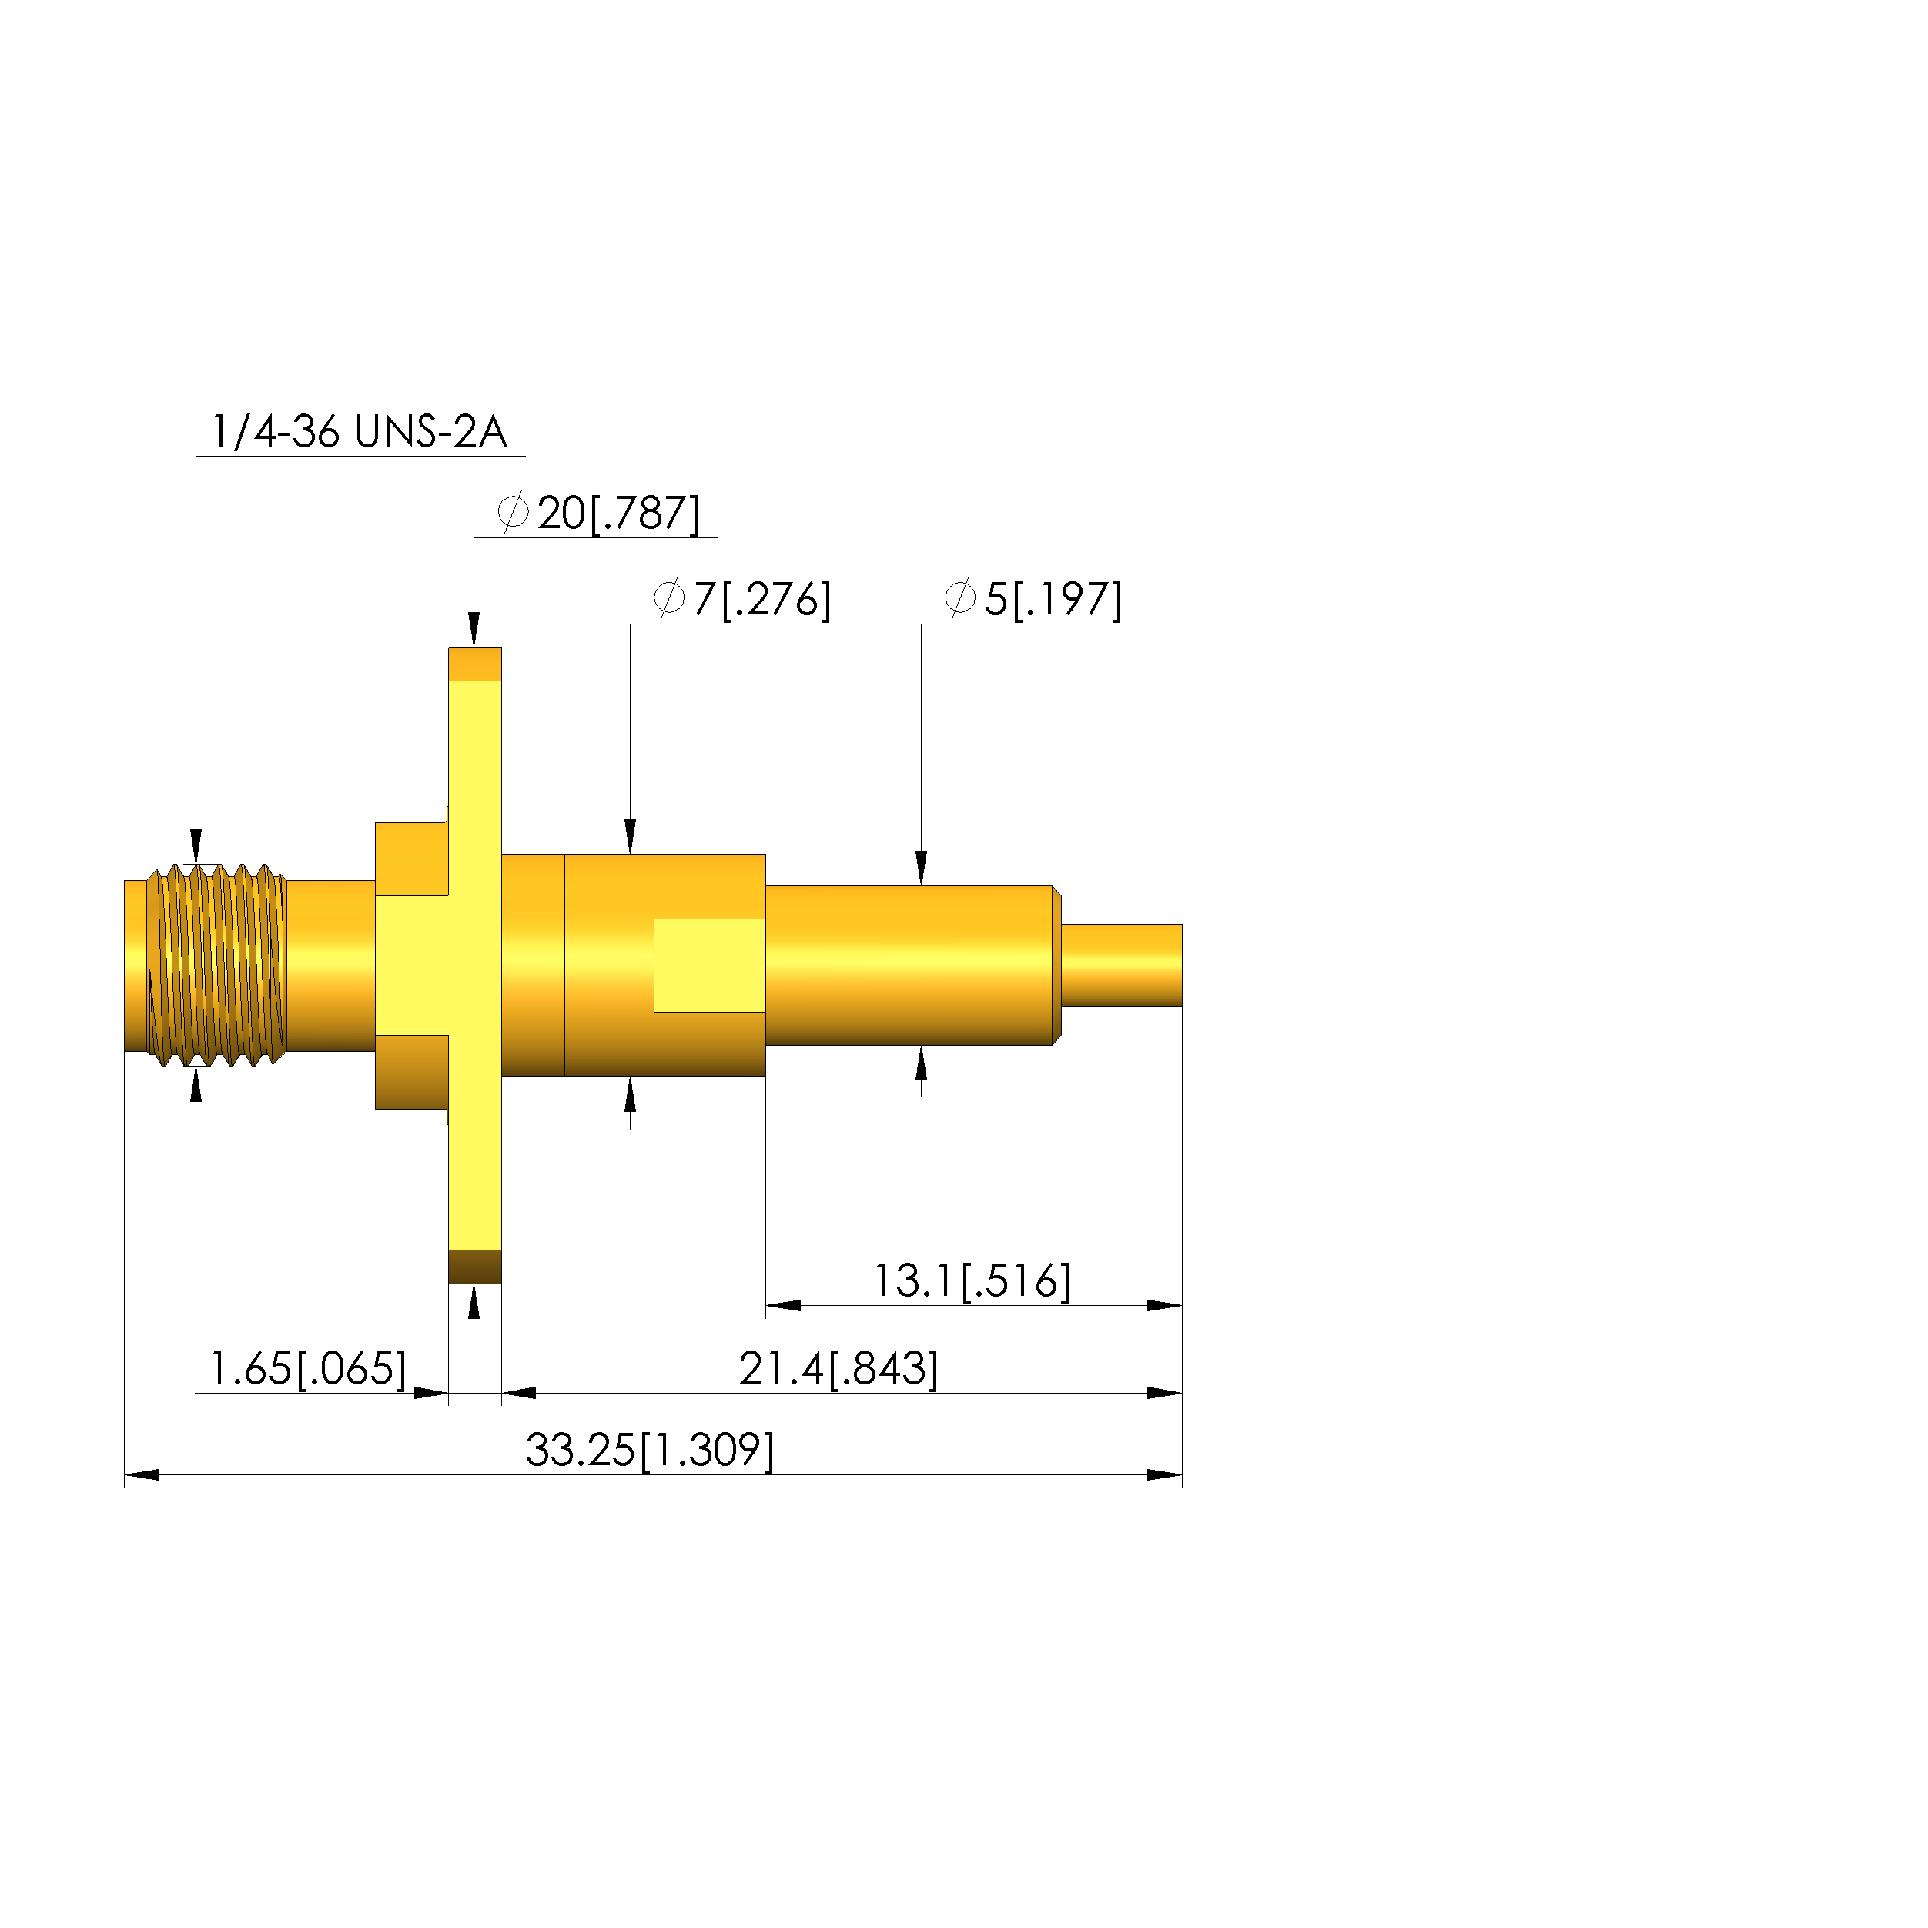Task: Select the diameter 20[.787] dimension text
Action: tap(599, 513)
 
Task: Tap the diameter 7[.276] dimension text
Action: tap(742, 599)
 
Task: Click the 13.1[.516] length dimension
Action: tap(973, 1280)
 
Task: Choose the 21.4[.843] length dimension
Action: tap(839, 1368)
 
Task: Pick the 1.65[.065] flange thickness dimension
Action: tap(307, 1368)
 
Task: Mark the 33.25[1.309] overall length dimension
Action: tap(650, 1450)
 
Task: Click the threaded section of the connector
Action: tap(216, 965)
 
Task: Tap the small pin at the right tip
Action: tap(1122, 965)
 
